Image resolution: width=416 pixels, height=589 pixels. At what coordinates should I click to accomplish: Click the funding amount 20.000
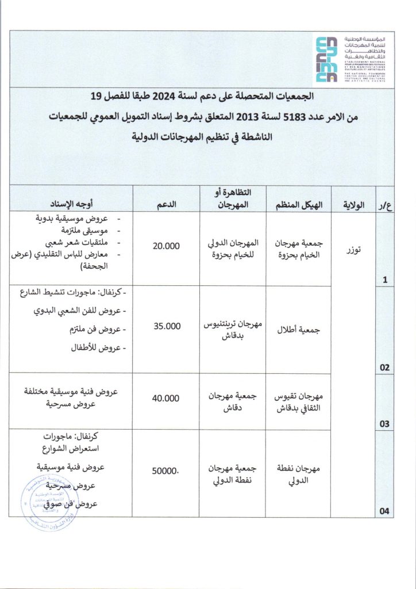167,246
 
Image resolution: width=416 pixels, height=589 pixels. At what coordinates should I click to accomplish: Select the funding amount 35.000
167,326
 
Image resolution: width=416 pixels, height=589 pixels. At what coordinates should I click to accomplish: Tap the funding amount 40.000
167,398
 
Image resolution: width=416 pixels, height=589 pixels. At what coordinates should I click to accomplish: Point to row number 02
384,367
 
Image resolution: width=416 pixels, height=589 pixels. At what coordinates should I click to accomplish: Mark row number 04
384,510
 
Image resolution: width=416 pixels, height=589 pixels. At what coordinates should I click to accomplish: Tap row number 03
384,424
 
